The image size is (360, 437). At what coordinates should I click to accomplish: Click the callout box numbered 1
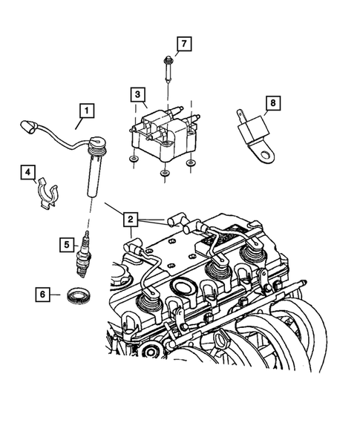tap(87, 113)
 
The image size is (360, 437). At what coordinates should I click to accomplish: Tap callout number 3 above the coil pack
tap(137, 94)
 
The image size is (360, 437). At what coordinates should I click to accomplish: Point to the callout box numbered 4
tap(27, 173)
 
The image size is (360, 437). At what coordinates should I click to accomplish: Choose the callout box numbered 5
tap(68, 243)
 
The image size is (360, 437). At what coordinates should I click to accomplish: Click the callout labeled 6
tap(44, 295)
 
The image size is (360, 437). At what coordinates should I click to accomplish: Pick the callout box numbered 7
tap(183, 43)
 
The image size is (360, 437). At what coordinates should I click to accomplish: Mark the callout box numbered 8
tap(272, 103)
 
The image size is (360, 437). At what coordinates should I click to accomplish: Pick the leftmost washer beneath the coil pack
tap(131, 161)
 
